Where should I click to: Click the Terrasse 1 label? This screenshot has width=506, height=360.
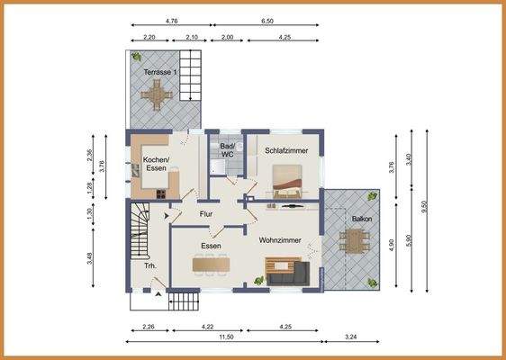point(160,72)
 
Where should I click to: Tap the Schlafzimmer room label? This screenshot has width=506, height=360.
point(286,150)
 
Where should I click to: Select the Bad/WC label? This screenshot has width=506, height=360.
point(227,150)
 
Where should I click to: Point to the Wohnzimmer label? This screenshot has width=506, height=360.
point(280,240)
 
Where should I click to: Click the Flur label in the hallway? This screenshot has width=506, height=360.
point(206,214)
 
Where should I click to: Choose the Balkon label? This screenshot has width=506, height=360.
point(362,219)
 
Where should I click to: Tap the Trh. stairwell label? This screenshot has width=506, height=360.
point(150,266)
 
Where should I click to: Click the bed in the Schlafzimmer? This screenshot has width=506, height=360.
point(287,181)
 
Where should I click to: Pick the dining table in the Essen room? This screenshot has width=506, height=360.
point(211,265)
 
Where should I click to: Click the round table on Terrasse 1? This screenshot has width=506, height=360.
point(157,95)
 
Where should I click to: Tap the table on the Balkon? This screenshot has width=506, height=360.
point(355,241)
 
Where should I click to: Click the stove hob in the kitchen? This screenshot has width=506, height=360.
point(161,193)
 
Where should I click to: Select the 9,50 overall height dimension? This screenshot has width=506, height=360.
point(427,211)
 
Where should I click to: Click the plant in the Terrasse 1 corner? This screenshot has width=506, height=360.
point(136,57)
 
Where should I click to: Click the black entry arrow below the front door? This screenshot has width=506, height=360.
point(158,294)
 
